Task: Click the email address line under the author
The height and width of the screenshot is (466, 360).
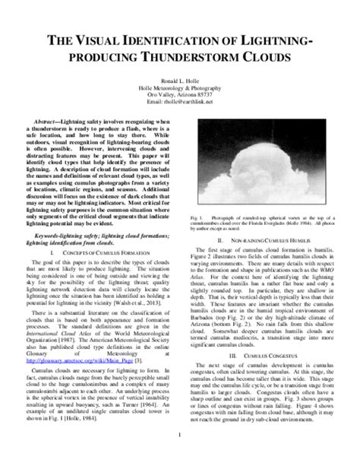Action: pyautogui.click(x=180, y=101)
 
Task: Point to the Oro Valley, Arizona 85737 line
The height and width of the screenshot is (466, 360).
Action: pyautogui.click(x=180, y=94)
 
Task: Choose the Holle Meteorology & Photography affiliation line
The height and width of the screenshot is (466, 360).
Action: pyautogui.click(x=180, y=87)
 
